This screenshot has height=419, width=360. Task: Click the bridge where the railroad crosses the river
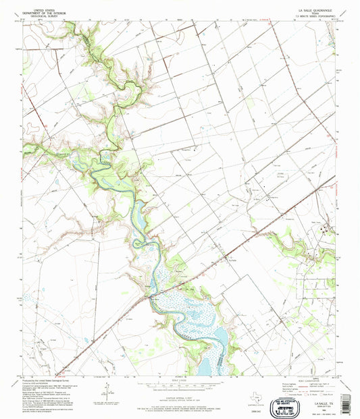[x=149, y=294]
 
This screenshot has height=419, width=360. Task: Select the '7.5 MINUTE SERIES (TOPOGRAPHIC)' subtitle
[x=314, y=18]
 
